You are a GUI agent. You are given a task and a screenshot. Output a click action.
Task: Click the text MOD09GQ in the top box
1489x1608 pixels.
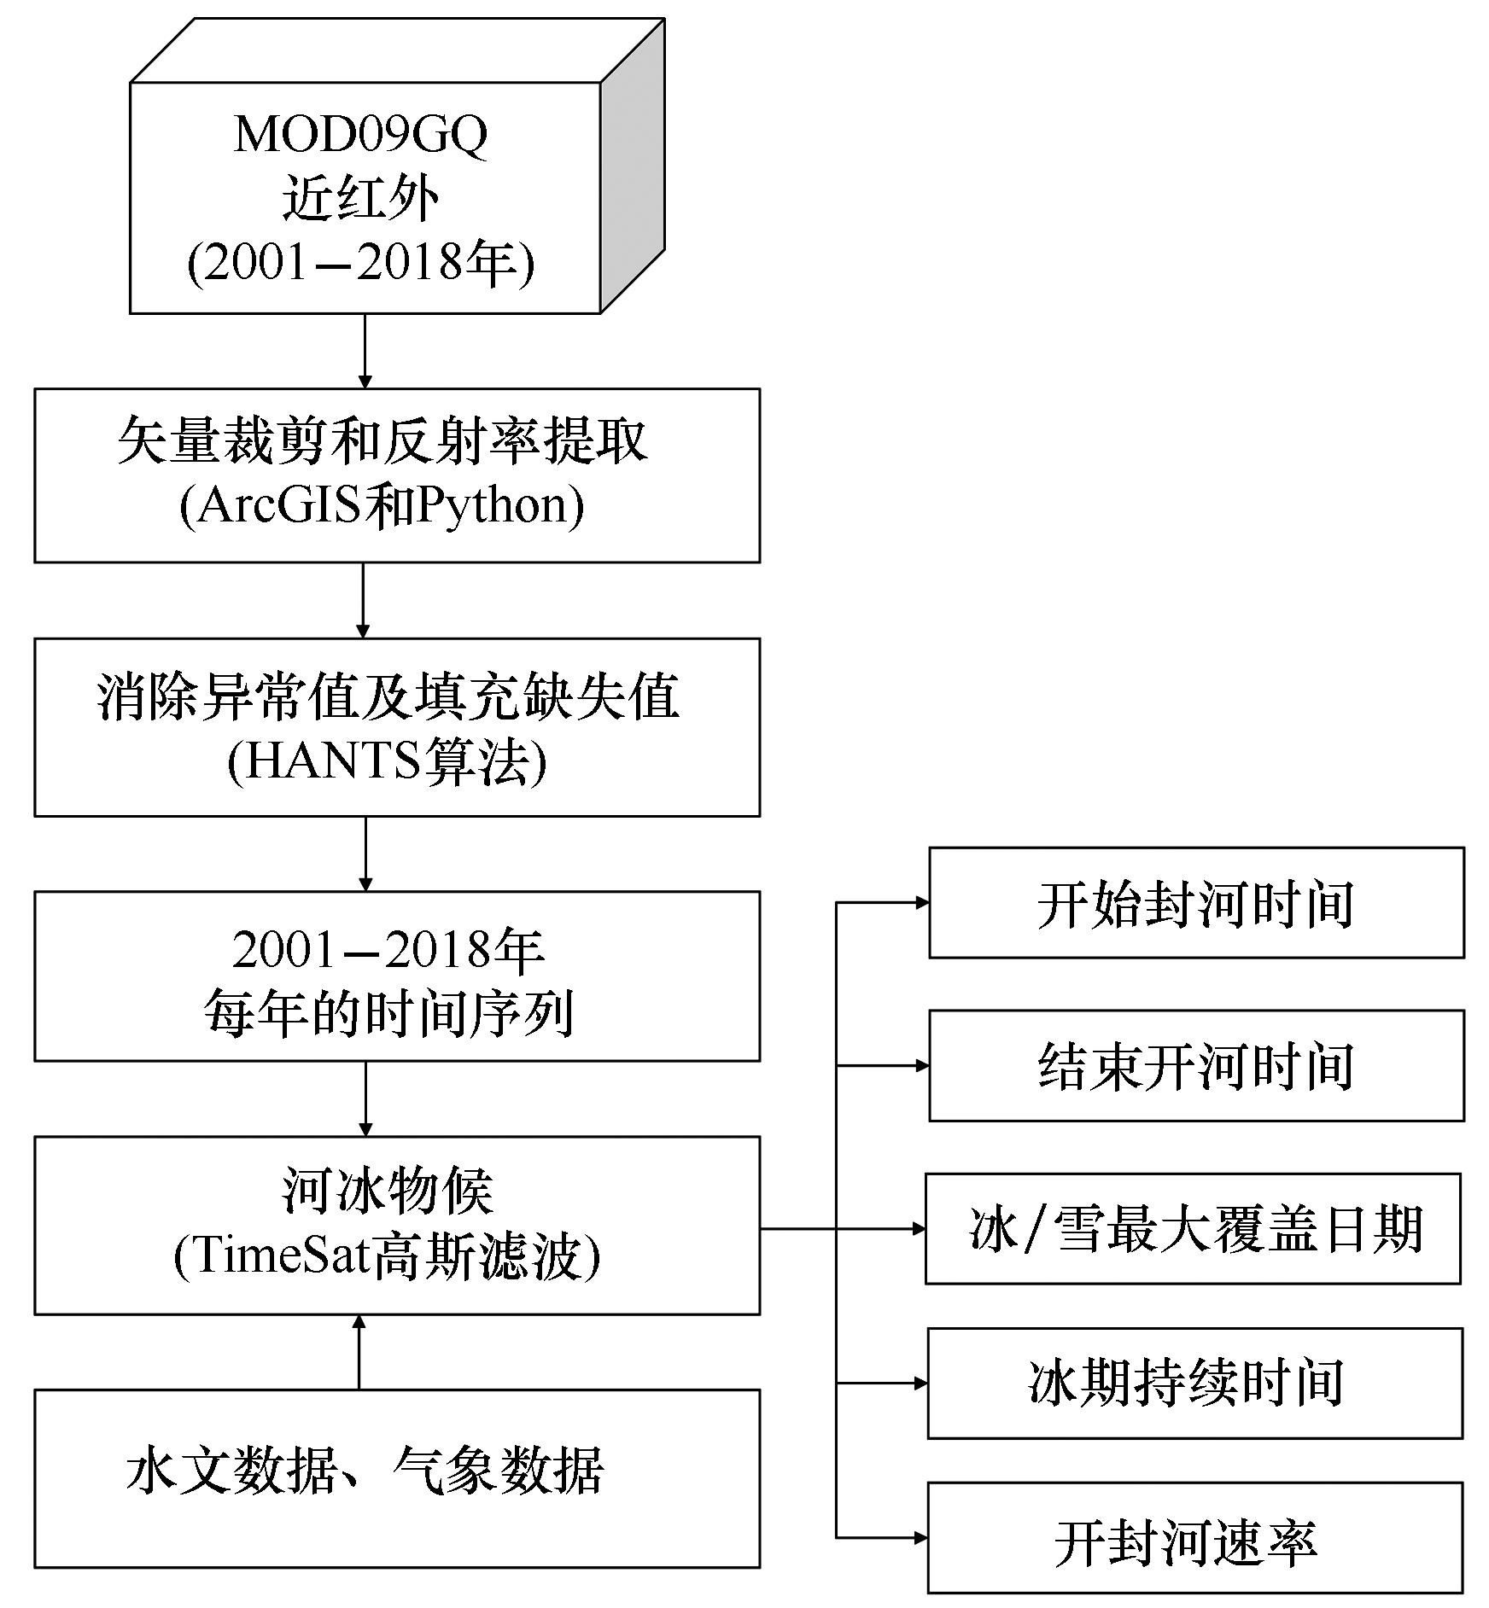pos(360,135)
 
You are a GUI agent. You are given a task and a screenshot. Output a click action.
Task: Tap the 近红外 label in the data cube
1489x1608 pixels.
pos(361,200)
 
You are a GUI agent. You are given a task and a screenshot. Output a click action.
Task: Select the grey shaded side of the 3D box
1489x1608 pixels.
pos(632,166)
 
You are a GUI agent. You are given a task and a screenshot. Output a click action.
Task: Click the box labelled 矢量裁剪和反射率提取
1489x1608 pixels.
pos(397,475)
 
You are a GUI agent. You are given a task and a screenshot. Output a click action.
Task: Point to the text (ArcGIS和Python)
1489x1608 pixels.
pos(382,505)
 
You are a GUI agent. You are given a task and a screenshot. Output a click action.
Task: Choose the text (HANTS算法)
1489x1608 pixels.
pos(387,760)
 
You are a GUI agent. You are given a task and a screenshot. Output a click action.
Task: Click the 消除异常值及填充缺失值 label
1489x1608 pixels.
pos(388,696)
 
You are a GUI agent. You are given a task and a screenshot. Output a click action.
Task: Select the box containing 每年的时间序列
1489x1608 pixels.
pos(397,976)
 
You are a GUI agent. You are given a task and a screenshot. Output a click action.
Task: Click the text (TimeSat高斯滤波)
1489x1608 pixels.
pos(387,1256)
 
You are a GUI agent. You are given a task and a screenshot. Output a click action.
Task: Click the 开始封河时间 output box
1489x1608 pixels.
pos(1196,903)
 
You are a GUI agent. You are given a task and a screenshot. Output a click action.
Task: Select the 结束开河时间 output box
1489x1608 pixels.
pos(1196,1065)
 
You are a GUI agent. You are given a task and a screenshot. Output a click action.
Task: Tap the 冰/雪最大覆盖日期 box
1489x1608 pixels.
pos(1194,1228)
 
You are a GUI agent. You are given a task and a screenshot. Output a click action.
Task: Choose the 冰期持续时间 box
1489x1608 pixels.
pos(1195,1383)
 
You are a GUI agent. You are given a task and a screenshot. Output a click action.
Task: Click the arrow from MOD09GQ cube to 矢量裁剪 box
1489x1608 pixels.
pos(365,351)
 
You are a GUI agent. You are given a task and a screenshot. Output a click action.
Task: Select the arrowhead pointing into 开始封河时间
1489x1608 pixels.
pos(922,902)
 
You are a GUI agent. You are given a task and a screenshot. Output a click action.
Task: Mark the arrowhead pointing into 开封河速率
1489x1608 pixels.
pos(921,1538)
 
